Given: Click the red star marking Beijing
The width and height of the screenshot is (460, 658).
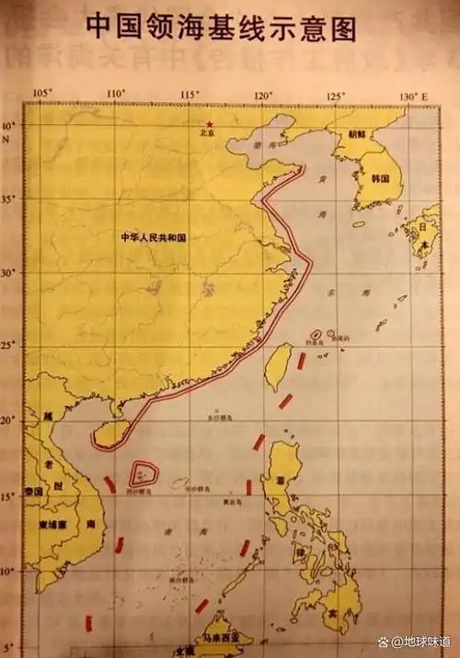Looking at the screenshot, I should pos(210,124).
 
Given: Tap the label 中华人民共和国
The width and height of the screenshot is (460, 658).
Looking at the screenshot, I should pos(154,237).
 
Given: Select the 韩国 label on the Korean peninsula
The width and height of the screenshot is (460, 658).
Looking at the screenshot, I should pos(380,180).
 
